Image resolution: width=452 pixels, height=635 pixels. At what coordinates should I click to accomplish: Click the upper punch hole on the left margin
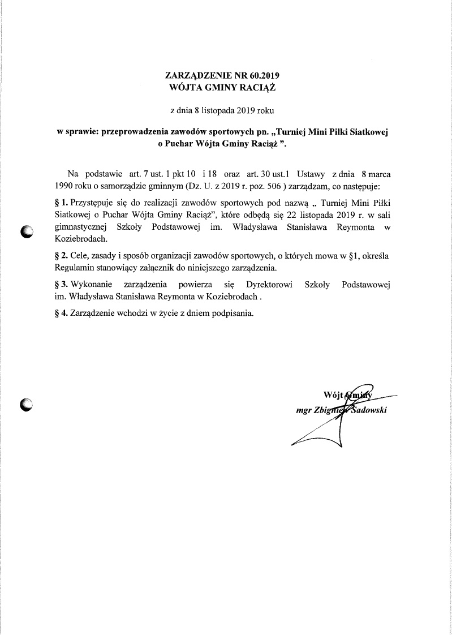27,231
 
